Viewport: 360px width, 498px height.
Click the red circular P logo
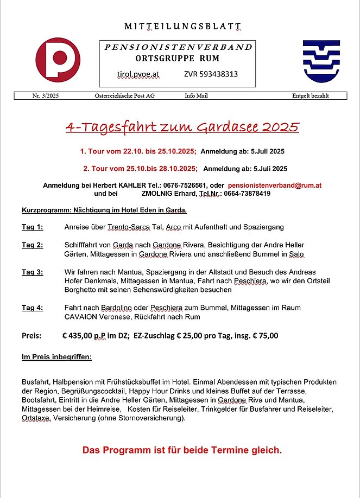[58, 60]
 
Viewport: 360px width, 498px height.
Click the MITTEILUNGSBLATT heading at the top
[182, 27]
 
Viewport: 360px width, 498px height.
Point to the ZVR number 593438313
[211, 74]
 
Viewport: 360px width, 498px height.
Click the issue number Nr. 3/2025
[45, 96]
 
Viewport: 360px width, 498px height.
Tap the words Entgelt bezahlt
[310, 96]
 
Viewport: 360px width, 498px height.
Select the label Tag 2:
[33, 245]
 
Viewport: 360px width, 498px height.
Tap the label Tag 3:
[33, 272]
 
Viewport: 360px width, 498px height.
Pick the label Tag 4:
[33, 308]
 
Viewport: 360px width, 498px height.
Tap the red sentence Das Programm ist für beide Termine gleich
[182, 450]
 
